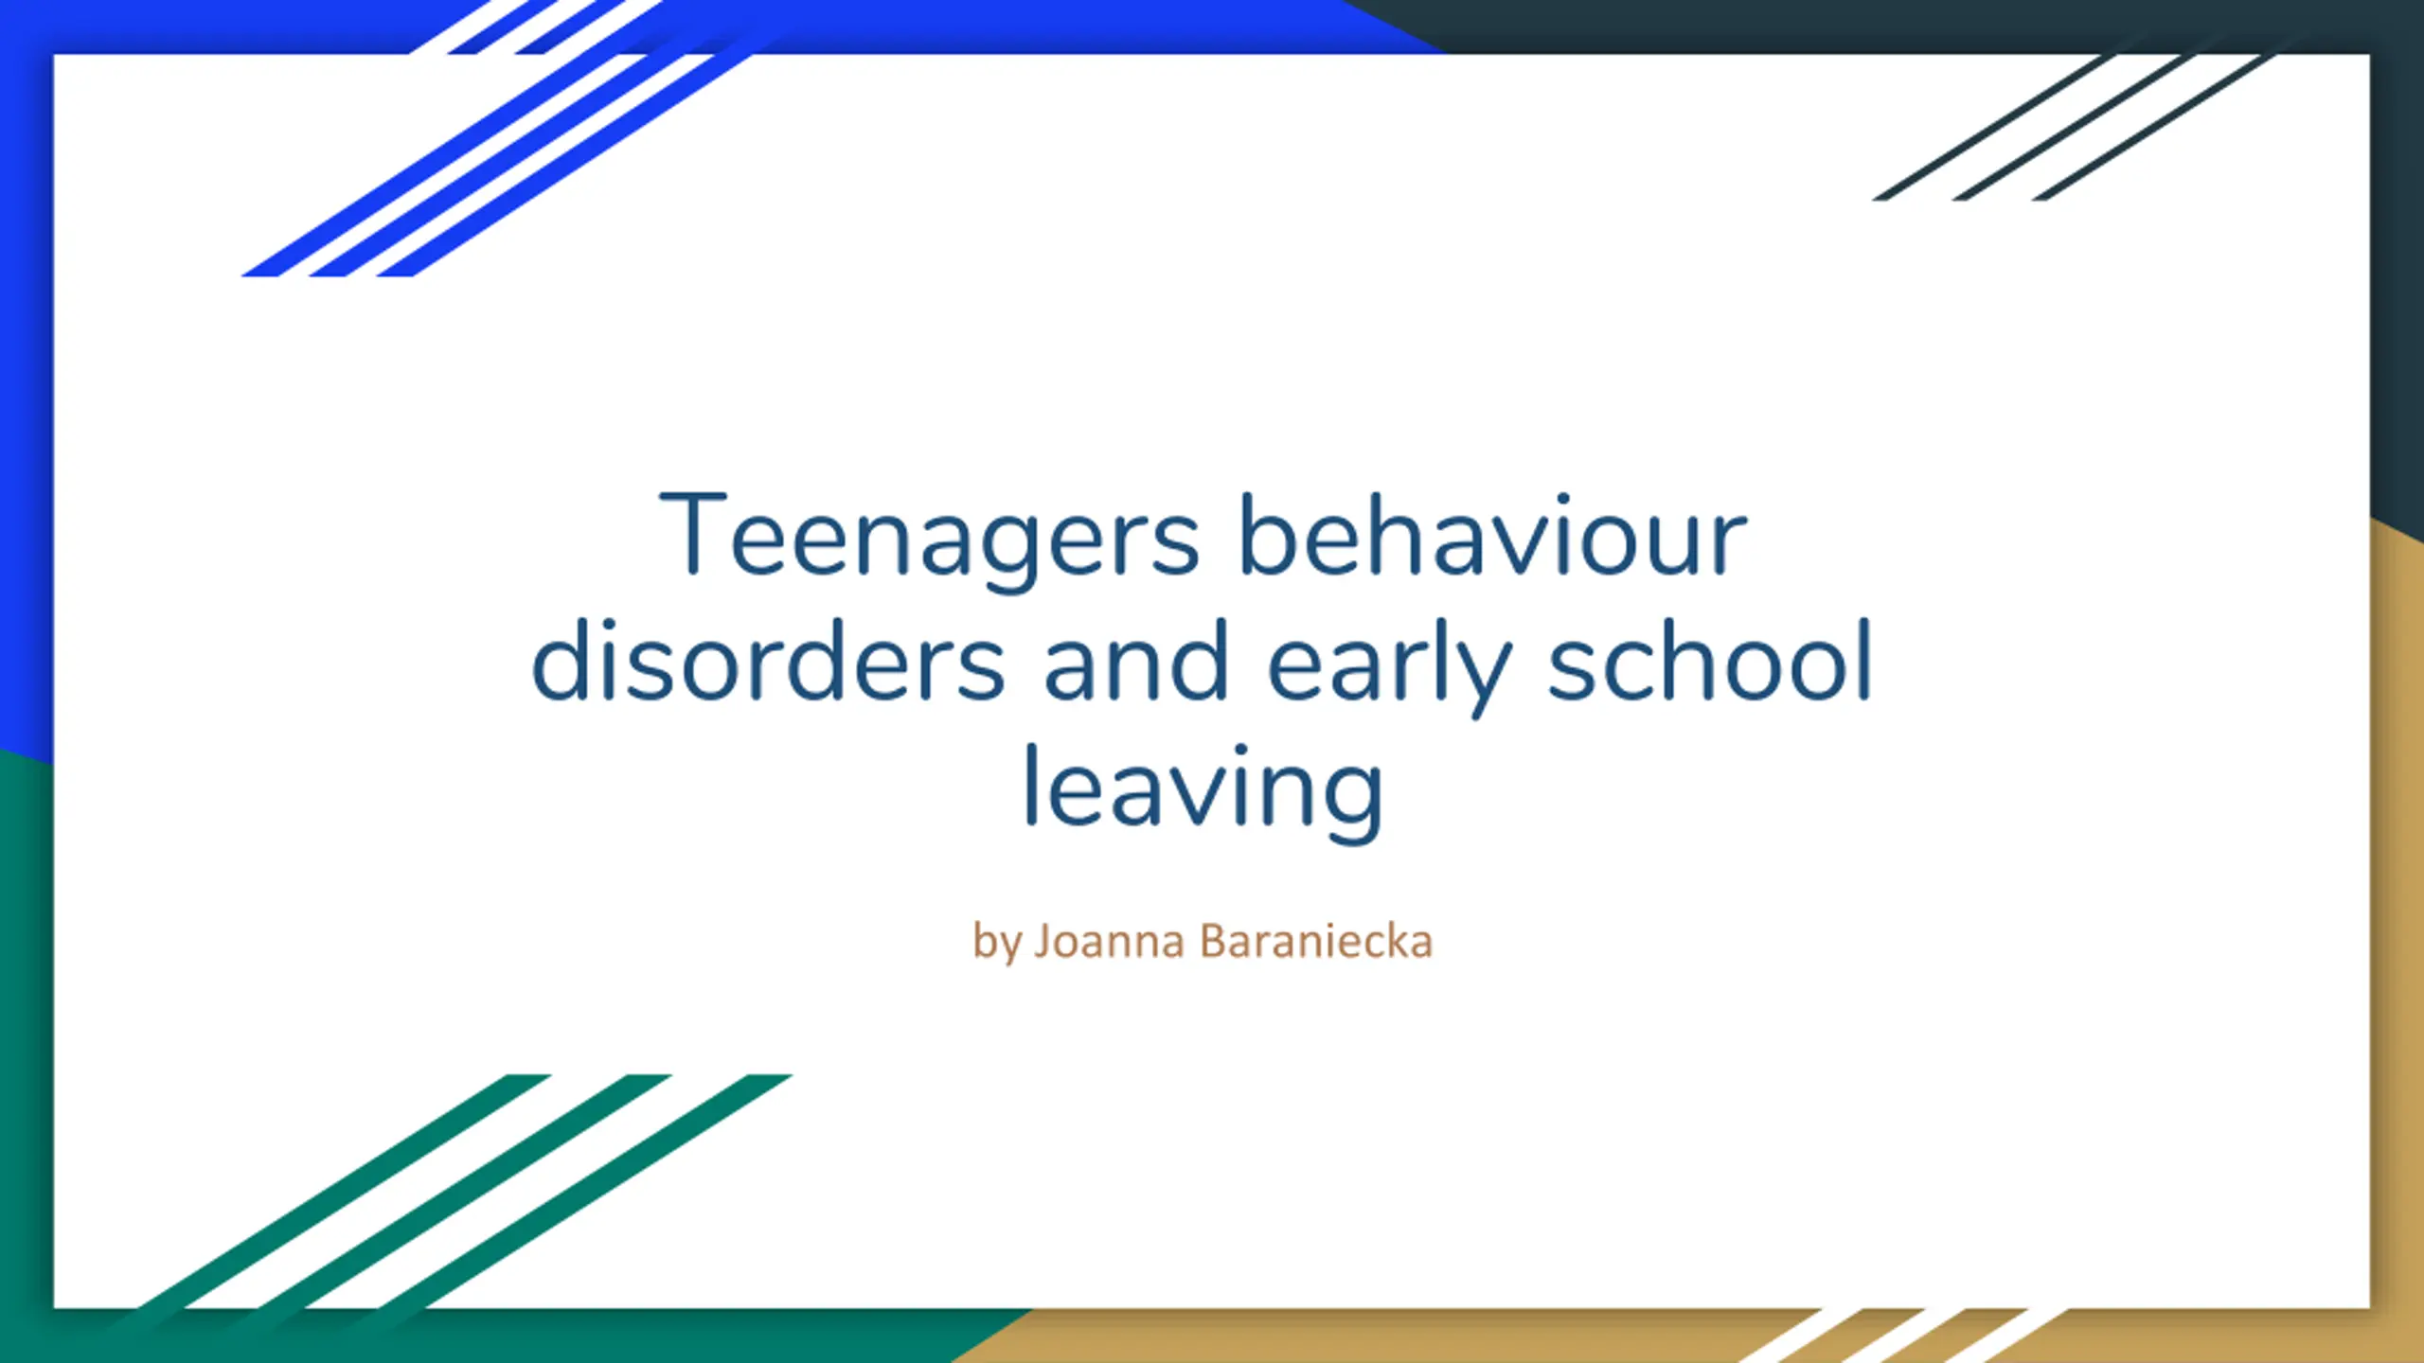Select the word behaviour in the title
1493,534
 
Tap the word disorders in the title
768,661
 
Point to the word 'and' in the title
1135,661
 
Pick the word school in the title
1710,661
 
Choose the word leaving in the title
1203,793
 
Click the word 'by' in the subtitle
997,943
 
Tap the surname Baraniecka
1316,941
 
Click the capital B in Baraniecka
1212,942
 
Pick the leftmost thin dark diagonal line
1993,128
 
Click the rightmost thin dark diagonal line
2153,128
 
